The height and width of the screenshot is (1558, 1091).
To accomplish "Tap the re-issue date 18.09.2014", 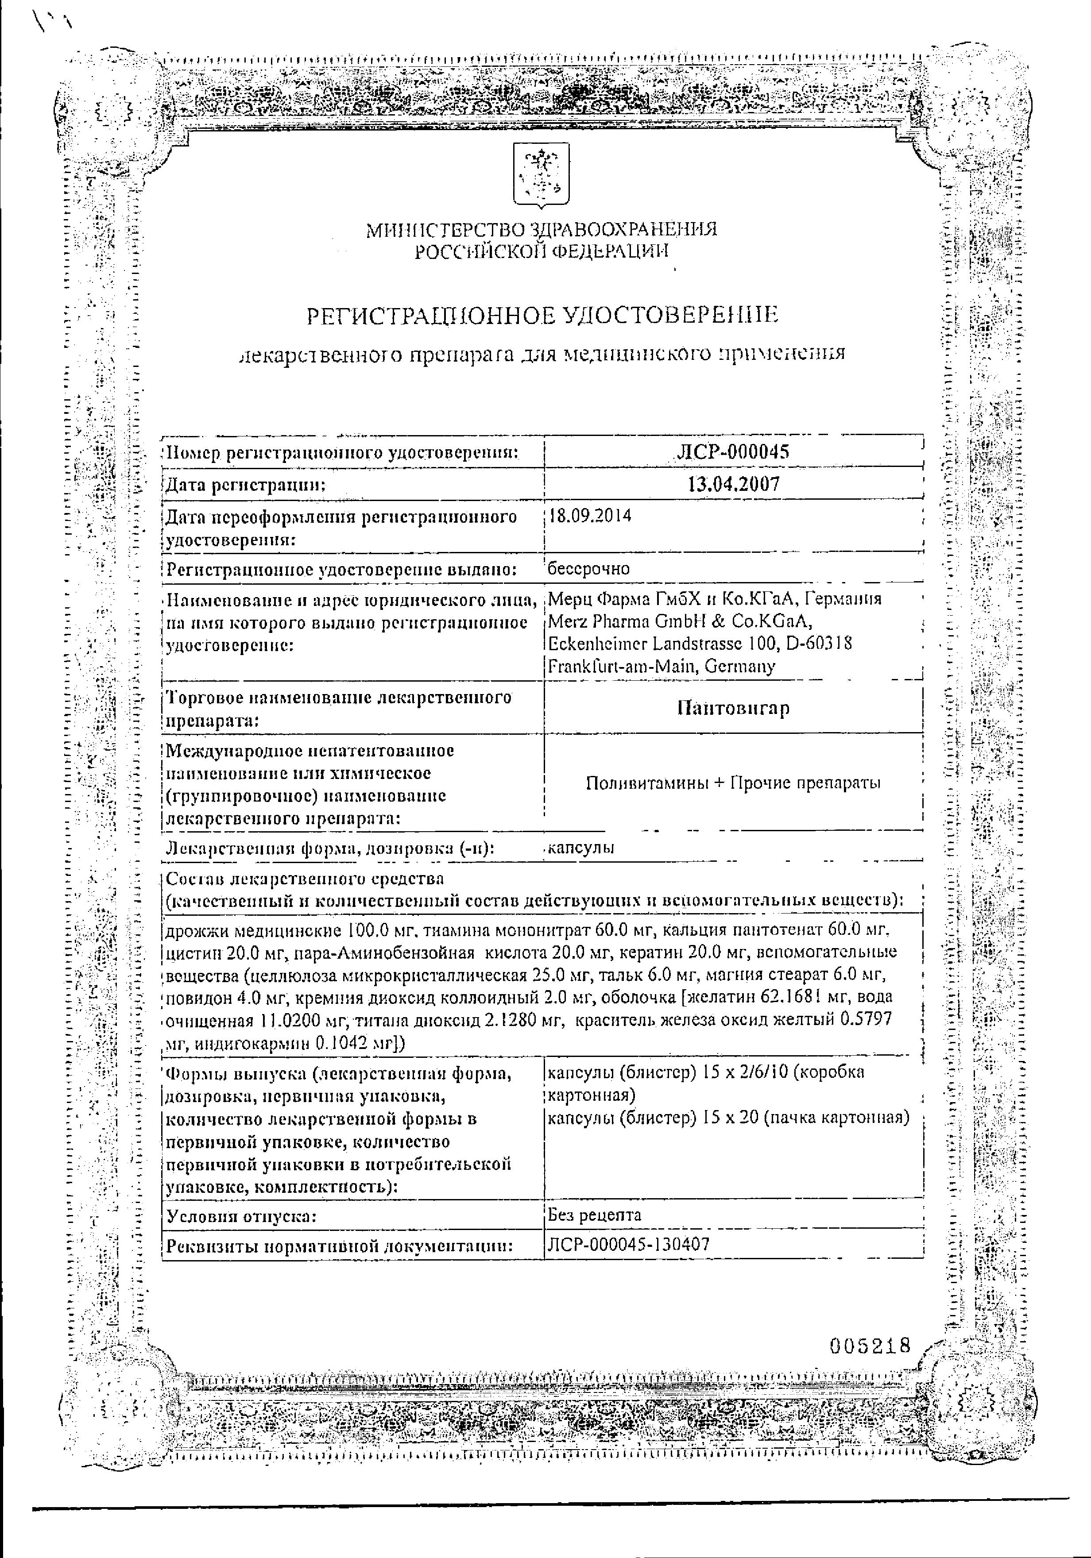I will pos(589,516).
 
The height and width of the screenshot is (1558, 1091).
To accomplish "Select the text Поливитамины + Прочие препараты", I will pos(733,783).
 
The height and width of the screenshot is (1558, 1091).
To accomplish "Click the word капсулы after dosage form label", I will pos(581,848).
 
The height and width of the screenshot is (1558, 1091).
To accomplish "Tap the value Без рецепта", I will pos(594,1215).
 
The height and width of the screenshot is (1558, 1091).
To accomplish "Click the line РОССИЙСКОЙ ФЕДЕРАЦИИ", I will pos(541,252).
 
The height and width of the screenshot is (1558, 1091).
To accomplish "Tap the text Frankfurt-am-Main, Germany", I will pos(661,667).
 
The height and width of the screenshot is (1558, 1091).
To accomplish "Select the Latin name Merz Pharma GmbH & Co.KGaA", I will pos(680,621).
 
